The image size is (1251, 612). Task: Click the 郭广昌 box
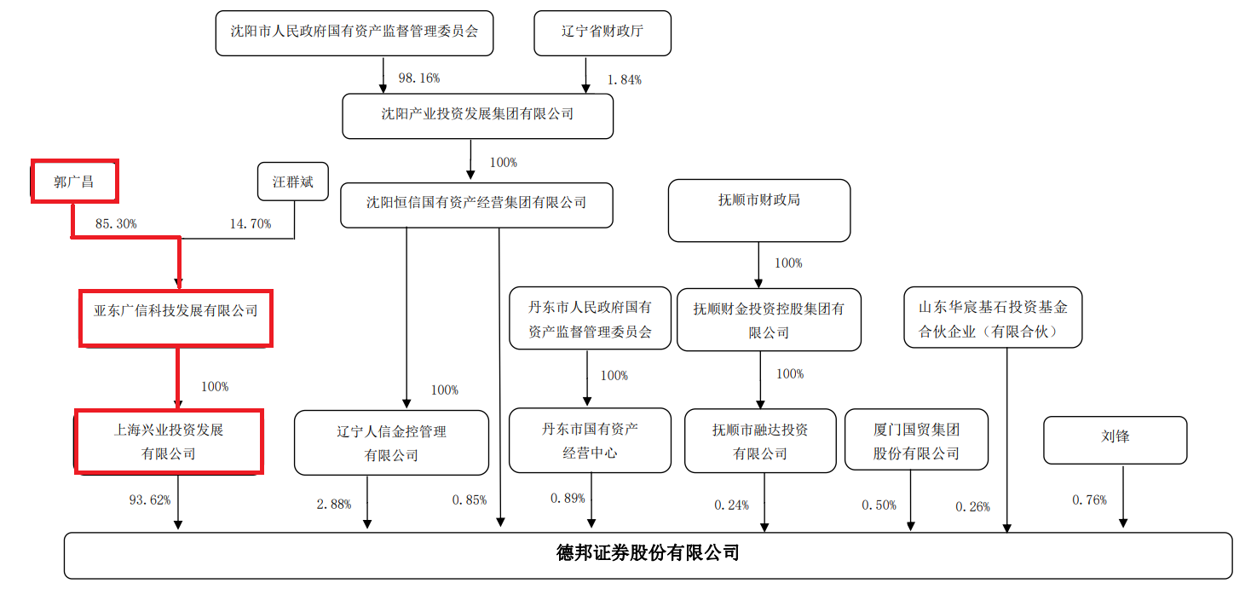point(74,181)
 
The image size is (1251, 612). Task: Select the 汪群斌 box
point(292,182)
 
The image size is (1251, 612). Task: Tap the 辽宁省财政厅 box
point(602,33)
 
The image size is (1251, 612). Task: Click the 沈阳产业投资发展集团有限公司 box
point(477,116)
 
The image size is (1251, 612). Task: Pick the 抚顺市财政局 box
point(759,211)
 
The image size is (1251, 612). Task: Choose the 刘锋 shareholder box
point(1115,440)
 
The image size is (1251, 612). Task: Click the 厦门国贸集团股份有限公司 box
point(916,440)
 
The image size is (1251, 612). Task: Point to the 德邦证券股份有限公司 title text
point(648,553)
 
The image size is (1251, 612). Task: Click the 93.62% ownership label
point(150,499)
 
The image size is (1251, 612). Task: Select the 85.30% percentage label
point(116,224)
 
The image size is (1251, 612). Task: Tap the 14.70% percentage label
point(251,224)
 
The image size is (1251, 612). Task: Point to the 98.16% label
point(419,78)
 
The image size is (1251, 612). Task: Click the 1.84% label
point(625,80)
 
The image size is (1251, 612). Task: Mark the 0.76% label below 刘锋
point(1089,499)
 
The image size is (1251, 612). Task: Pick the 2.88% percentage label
point(334,505)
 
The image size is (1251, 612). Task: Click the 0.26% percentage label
point(972,506)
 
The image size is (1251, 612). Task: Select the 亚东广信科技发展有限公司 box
point(176,318)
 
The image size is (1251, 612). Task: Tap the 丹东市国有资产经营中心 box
point(590,441)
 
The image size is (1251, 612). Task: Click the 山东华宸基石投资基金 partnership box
point(993,318)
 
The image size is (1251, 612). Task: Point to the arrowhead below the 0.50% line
point(910,526)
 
